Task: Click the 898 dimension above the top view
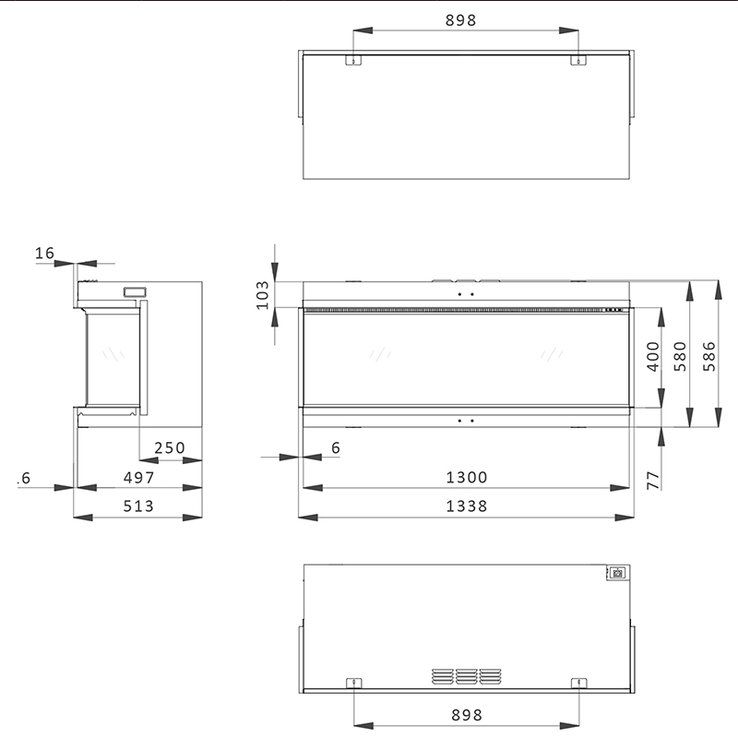click(x=460, y=20)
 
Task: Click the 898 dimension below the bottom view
click(x=467, y=715)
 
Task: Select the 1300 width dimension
click(x=467, y=477)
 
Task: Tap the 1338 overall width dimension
click(x=467, y=506)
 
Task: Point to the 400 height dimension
click(x=653, y=356)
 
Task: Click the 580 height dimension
click(x=680, y=356)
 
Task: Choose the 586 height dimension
click(x=709, y=356)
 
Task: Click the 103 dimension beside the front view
click(x=263, y=295)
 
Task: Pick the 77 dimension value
click(x=653, y=481)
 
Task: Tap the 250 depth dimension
click(x=170, y=447)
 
